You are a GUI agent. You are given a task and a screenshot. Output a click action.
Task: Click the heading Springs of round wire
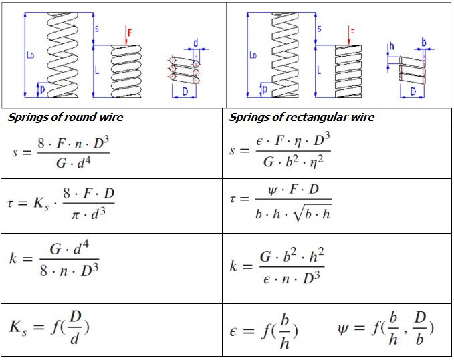click(66, 118)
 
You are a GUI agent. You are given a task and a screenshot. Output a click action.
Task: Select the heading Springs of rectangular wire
click(302, 118)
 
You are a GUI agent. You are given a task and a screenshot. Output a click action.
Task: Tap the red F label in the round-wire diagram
click(130, 31)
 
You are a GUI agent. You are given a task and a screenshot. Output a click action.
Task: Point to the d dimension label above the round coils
click(195, 43)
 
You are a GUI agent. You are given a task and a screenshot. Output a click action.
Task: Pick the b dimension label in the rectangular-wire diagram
click(423, 42)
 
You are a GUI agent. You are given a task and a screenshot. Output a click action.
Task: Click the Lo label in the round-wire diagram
click(30, 56)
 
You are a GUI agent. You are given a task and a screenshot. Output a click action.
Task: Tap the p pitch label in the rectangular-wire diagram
click(264, 89)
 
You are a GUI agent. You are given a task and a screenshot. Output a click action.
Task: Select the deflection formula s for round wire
click(60, 152)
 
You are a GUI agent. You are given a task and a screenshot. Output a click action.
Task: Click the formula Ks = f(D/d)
click(50, 327)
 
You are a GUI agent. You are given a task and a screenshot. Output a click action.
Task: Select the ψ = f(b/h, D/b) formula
click(386, 329)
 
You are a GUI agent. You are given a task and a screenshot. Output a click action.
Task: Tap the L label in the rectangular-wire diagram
click(320, 69)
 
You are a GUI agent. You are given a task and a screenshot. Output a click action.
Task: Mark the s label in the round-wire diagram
click(97, 29)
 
